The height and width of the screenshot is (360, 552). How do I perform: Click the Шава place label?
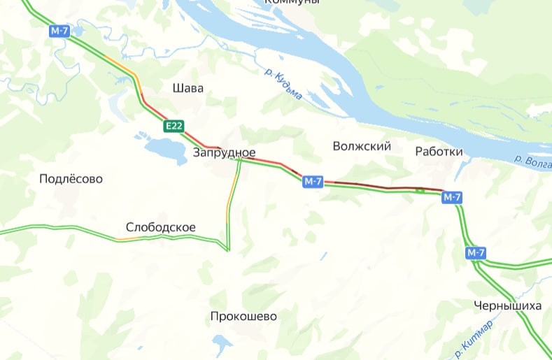tap(187, 89)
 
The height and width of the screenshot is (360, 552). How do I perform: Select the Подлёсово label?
tap(71, 179)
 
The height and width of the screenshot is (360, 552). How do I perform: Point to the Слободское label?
tap(160, 227)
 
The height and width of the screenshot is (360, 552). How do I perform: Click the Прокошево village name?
tap(243, 317)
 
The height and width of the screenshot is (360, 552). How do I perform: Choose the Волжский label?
tap(362, 146)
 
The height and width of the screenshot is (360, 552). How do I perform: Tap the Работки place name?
tap(439, 152)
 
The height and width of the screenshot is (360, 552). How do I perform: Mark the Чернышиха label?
tap(507, 305)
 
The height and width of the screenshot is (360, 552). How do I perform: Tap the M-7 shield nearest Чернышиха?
tap(476, 252)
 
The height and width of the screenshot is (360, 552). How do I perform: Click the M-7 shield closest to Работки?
tap(452, 198)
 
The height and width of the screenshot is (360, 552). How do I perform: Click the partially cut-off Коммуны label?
tap(292, 3)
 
